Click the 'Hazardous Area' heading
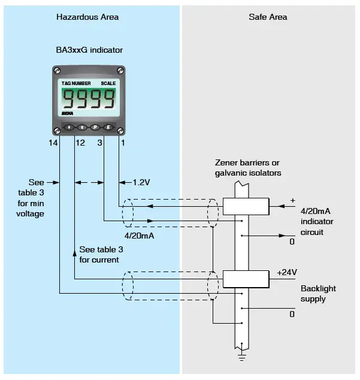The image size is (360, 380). [x=87, y=17]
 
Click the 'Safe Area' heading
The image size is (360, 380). [x=268, y=17]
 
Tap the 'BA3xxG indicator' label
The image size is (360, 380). [x=89, y=50]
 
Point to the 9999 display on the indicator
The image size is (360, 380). [x=89, y=98]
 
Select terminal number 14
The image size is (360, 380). [x=55, y=143]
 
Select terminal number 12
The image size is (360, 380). [x=80, y=143]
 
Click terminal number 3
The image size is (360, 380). [x=99, y=143]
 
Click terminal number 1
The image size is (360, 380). [x=123, y=143]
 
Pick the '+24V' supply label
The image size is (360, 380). [x=287, y=272]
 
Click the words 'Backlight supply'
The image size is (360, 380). [x=318, y=293]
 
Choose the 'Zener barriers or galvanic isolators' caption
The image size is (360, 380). [x=248, y=168]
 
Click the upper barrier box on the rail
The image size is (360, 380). [x=245, y=206]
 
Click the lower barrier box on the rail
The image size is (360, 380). [x=245, y=279]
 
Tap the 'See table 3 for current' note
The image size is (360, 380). [x=101, y=254]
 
